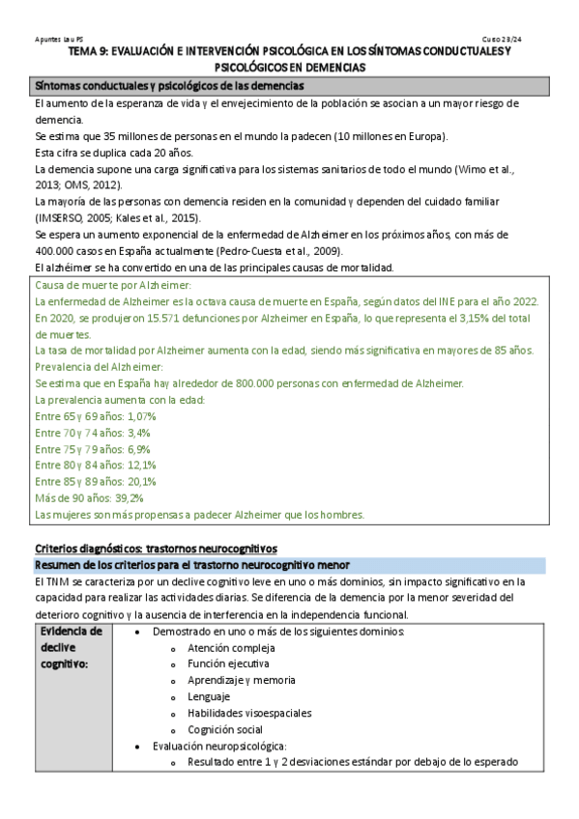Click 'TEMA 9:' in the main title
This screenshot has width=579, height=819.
click(x=101, y=52)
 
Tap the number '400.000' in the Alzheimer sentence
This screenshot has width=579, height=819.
click(x=54, y=250)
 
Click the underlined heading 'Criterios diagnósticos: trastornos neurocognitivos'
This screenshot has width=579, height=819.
click(x=156, y=548)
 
